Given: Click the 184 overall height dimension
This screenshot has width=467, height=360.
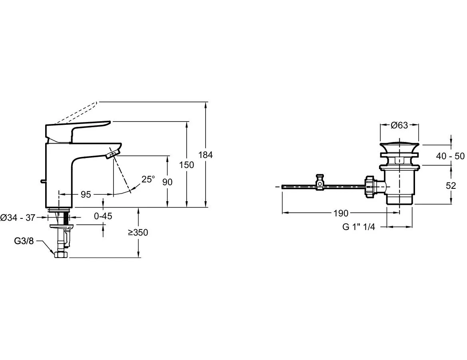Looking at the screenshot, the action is (206, 155).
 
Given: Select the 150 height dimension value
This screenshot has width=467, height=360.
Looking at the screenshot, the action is (187, 165).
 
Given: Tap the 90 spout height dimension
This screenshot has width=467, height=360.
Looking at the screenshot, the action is (168, 182).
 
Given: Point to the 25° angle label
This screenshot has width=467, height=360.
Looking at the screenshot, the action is (148, 179).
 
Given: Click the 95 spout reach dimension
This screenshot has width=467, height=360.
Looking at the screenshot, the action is (86, 194).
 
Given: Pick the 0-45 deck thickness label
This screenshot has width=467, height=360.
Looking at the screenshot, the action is (103, 216).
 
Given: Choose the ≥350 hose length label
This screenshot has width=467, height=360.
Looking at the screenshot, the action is (138, 232).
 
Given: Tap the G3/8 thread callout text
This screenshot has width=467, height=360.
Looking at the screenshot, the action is (24, 241).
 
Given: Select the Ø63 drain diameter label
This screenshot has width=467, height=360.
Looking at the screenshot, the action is (399, 126).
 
